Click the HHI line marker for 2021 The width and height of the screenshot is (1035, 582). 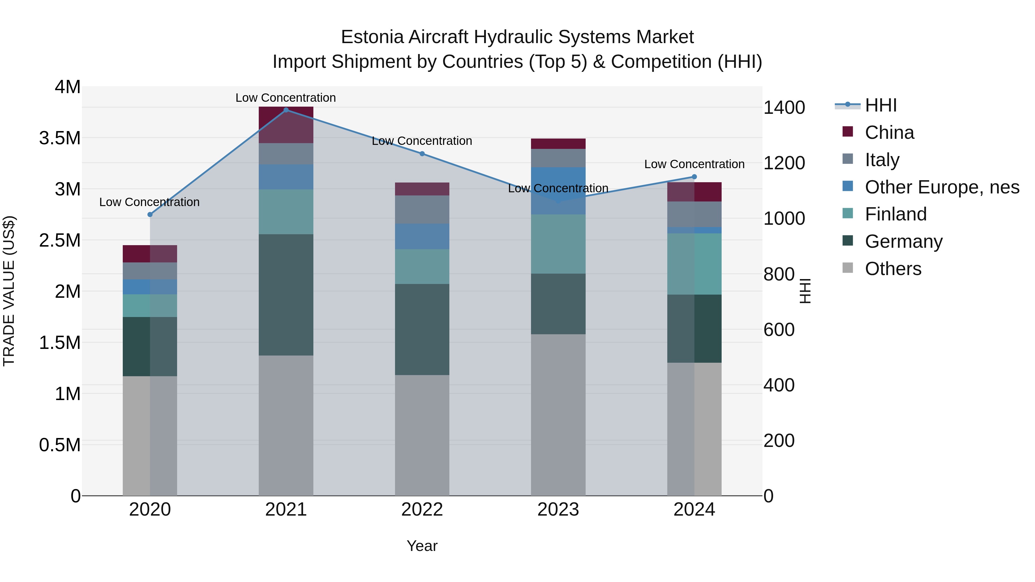point(286,110)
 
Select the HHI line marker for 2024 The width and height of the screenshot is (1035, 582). point(694,177)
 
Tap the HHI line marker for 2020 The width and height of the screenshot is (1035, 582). point(150,214)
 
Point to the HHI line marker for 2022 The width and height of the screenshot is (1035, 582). point(422,154)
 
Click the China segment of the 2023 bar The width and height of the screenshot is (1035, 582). point(558,144)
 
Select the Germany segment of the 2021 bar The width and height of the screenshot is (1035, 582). point(286,295)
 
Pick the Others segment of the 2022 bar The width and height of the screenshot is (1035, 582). point(422,435)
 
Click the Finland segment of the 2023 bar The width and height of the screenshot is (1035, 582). point(558,244)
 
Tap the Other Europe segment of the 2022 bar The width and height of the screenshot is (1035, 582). point(422,236)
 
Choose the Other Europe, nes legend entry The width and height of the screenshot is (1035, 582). point(941,187)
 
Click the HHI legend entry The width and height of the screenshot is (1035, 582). point(880,105)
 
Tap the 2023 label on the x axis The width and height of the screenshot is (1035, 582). point(558,510)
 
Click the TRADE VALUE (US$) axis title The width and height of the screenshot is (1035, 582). point(9,291)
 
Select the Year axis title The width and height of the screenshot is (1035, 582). point(422,546)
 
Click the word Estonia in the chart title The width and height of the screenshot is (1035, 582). point(372,37)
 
